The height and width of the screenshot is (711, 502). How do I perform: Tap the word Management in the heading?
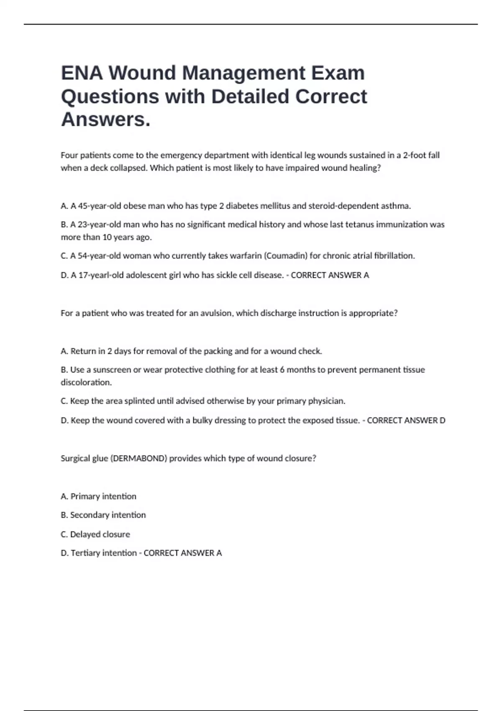[x=243, y=73]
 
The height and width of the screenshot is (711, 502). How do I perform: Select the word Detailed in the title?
[x=250, y=97]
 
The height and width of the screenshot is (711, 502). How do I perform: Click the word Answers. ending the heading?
[x=106, y=120]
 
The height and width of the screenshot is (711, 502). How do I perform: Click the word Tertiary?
[x=85, y=553]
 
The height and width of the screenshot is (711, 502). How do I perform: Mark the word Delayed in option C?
[x=84, y=534]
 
